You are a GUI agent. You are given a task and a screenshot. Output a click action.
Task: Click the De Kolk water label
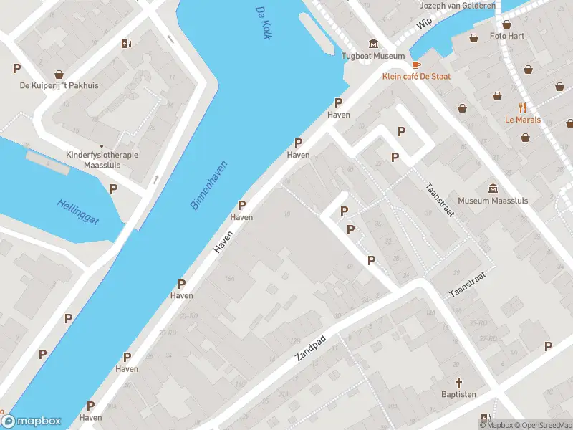(263, 23)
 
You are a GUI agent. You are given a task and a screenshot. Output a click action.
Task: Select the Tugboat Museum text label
(372, 56)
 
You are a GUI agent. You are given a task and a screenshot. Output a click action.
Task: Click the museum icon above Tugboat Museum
(372, 44)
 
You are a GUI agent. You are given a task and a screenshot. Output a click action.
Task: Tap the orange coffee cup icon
(416, 64)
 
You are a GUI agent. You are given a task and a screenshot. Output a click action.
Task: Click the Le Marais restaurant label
(522, 120)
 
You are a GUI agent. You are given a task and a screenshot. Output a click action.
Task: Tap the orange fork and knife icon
(522, 107)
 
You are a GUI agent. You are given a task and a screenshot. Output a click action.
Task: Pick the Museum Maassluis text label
(493, 201)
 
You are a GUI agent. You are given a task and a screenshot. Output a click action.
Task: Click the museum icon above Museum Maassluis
(493, 188)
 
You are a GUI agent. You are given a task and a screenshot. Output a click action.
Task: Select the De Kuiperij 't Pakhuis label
(59, 86)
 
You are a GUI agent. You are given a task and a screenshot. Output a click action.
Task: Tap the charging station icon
(127, 43)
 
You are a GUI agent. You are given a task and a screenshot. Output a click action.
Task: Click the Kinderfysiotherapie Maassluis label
(101, 159)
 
